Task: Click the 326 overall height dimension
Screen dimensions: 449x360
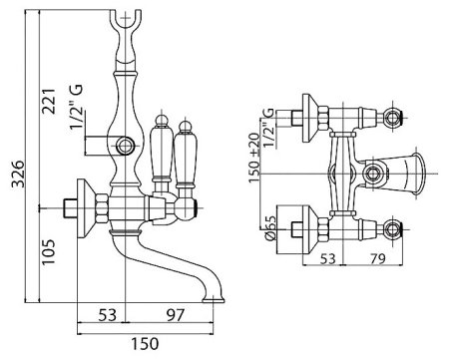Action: point(18,174)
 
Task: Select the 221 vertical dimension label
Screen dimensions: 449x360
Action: point(48,102)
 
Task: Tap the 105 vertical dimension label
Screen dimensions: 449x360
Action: point(48,251)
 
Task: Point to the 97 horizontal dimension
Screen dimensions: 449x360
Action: point(175,315)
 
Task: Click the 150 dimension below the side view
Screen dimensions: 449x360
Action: point(145,343)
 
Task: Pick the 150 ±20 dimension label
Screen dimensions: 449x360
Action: point(254,158)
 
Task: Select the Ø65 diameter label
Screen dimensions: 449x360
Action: point(270,227)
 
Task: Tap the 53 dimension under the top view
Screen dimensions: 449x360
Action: point(327,258)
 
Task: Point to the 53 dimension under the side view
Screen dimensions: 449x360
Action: point(108,315)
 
